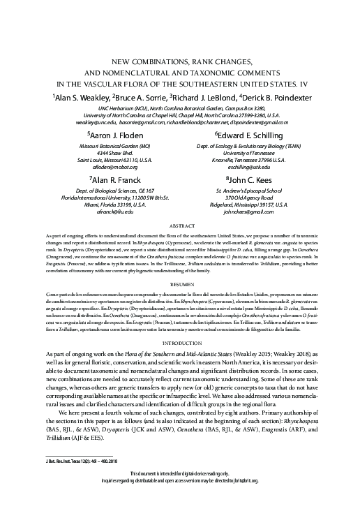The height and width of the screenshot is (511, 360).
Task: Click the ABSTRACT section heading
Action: click(x=179, y=228)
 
